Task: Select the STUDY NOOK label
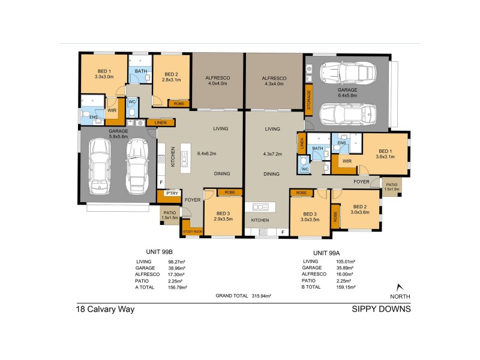[192, 231]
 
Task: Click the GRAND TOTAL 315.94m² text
[244, 296]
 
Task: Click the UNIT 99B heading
[160, 253]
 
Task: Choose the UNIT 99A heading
[327, 253]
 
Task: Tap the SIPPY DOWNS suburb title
[381, 310]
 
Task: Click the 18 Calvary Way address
[105, 310]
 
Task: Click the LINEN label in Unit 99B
[161, 123]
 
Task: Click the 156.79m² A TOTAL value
[178, 287]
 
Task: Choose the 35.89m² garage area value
[346, 268]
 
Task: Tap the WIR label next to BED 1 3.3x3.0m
[112, 110]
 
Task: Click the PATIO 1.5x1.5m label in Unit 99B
[169, 215]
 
